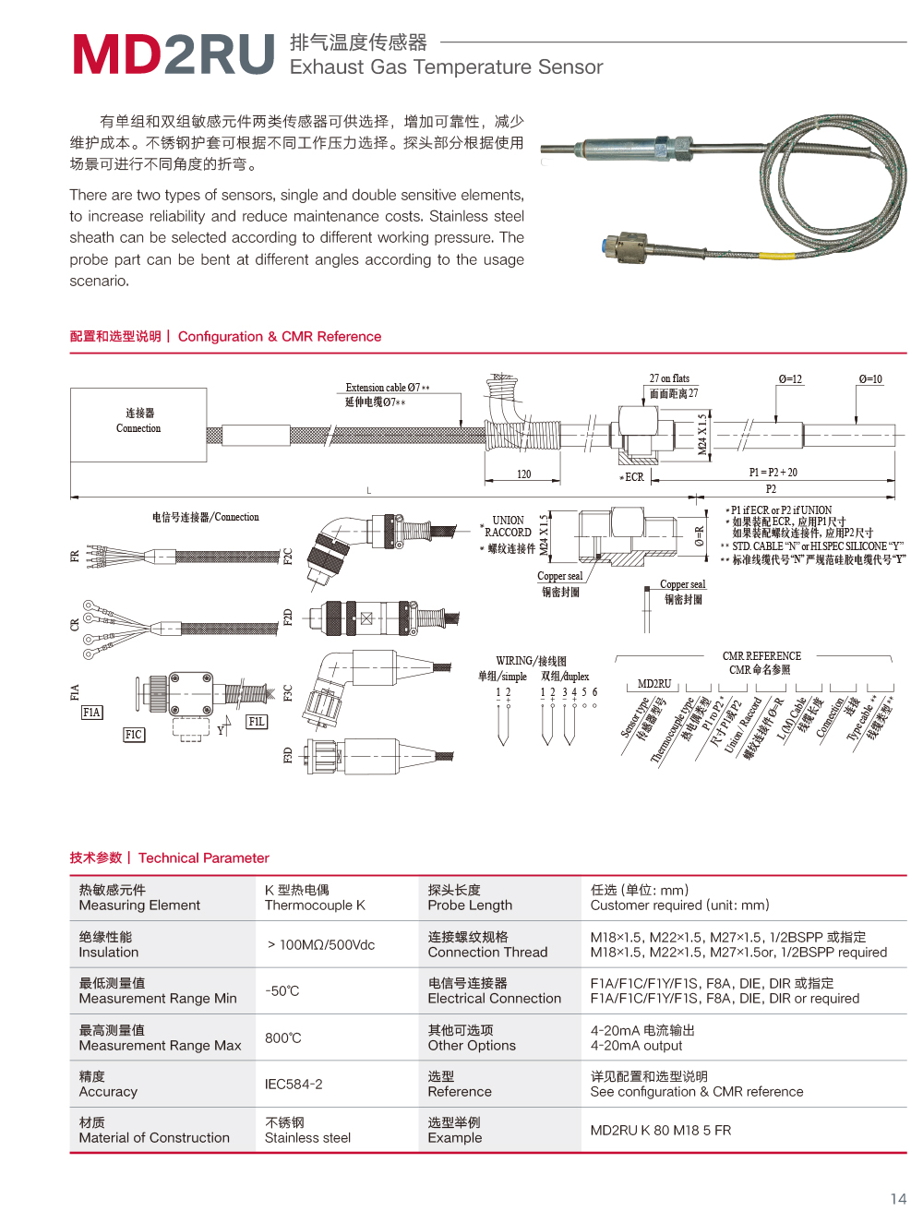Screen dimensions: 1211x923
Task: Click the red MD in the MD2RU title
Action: (x=118, y=54)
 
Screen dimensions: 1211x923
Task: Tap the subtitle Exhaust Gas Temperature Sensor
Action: (x=446, y=67)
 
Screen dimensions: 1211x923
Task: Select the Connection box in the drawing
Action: (x=138, y=424)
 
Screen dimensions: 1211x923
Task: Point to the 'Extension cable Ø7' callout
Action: (x=387, y=388)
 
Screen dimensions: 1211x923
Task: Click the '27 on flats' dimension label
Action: (x=669, y=378)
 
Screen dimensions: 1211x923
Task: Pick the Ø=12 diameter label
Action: (x=790, y=379)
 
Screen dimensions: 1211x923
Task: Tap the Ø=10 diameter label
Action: (x=869, y=379)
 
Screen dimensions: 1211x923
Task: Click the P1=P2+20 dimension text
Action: (x=773, y=473)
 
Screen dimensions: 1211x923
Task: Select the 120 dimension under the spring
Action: (x=523, y=474)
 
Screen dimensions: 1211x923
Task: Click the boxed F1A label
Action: (x=91, y=713)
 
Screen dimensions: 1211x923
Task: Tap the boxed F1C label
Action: (x=134, y=735)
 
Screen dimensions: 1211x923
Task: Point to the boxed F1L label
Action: (x=257, y=722)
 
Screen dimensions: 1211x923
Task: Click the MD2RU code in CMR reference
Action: (x=654, y=684)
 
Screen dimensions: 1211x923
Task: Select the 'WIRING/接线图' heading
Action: (x=531, y=661)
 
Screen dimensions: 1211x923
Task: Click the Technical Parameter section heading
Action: (x=203, y=858)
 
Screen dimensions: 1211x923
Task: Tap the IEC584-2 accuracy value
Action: (x=294, y=1085)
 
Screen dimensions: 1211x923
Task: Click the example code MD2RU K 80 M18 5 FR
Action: (x=661, y=1131)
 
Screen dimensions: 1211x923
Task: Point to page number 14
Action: (x=898, y=1199)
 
